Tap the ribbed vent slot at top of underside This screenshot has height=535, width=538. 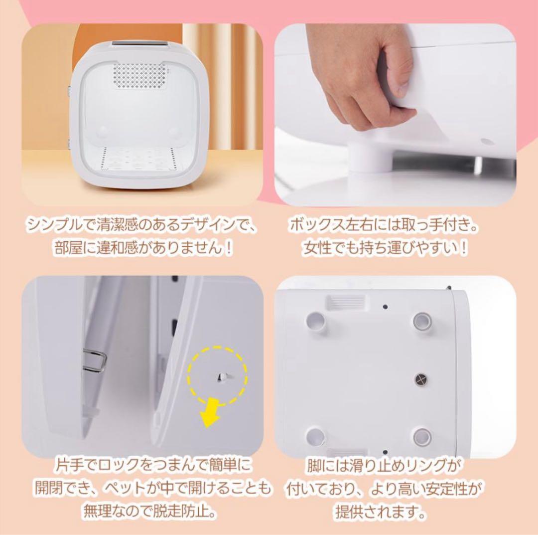point(345,301)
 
